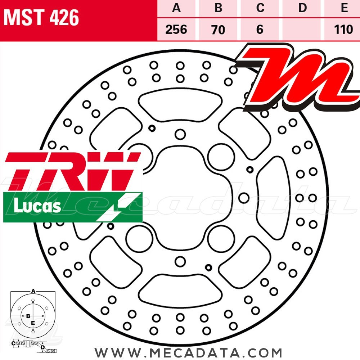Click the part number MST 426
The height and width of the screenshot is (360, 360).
41,18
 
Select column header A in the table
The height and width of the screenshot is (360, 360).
176,8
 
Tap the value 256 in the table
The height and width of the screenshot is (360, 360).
176,29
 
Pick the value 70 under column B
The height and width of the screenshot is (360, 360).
218,29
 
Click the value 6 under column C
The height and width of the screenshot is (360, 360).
260,29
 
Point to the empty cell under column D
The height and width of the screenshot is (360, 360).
302,29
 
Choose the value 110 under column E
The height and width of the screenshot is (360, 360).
343,29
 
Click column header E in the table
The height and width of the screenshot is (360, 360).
344,8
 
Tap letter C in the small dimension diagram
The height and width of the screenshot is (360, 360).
13,344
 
